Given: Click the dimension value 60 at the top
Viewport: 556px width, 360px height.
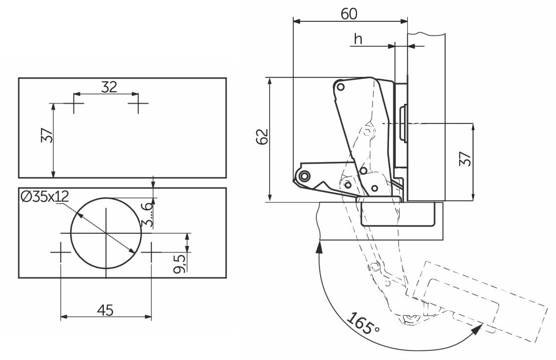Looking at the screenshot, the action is (349, 14).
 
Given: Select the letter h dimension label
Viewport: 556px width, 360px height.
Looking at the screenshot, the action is (358, 39).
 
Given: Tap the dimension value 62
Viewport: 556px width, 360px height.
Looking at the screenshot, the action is (262, 136).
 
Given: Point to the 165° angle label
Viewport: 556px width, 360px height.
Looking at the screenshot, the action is (363, 323).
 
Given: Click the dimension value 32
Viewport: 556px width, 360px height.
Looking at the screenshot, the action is (109, 86).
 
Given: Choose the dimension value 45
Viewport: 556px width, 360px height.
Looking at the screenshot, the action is (105, 310).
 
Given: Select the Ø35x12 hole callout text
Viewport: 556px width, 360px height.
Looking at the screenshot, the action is (45, 196).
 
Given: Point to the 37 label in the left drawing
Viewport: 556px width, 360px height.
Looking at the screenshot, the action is (47, 135).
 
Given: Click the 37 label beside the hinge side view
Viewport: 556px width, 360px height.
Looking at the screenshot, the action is (465, 159).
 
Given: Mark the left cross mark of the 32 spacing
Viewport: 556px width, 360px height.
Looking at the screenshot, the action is (74, 103).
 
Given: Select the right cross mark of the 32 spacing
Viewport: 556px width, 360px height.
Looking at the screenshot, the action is (138, 103).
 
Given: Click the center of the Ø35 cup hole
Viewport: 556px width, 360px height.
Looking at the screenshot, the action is (106, 233).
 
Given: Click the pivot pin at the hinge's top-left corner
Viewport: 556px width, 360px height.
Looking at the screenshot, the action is (340, 87).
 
